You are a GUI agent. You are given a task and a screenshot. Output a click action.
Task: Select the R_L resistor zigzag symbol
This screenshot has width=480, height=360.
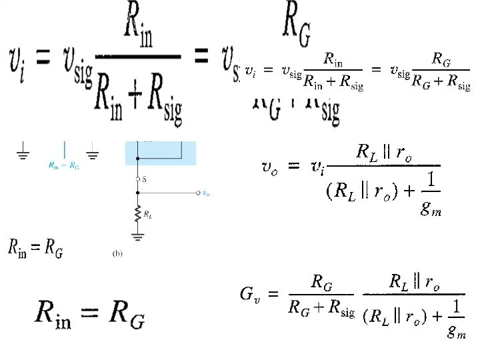(137, 214)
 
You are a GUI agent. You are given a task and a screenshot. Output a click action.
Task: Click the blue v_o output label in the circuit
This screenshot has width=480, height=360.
(207, 194)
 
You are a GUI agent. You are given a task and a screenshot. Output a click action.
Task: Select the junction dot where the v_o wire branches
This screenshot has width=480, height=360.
(137, 193)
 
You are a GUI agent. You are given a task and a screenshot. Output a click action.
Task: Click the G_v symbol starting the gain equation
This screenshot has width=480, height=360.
(249, 293)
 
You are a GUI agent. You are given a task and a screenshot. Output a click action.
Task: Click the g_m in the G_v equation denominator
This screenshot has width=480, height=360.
(457, 332)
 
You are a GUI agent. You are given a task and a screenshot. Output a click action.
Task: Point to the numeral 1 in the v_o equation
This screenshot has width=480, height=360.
(432, 180)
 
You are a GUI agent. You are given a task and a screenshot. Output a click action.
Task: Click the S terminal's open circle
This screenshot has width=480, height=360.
(137, 179)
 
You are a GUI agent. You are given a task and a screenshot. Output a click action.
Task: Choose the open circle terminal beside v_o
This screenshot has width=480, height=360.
(198, 193)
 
